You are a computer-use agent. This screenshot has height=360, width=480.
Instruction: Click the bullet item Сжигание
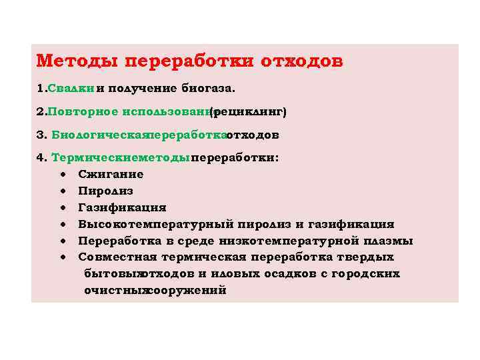[x=111, y=175]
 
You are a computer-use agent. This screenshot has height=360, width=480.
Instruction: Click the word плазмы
[x=388, y=241]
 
